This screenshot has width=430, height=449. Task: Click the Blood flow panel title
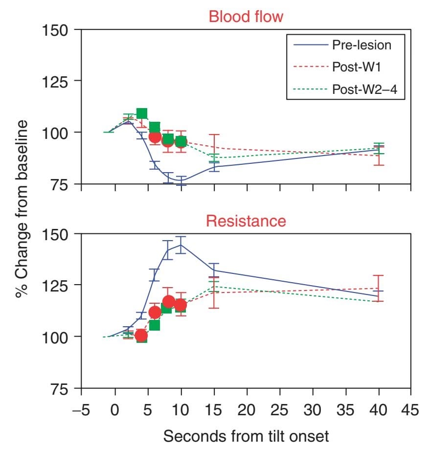coord(246,17)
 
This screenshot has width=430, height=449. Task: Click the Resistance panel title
coord(246,221)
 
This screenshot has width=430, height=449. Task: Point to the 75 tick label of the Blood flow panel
coord(60,184)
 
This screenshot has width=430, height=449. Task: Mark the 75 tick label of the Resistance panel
coord(60,389)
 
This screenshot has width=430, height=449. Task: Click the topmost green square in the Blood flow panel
coord(142,114)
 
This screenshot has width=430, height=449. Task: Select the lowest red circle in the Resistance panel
coord(141,336)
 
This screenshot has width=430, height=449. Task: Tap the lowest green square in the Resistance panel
coord(142,337)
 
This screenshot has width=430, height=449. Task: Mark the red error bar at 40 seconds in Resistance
coord(378,288)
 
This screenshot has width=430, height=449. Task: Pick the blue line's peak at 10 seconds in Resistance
coord(181,245)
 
